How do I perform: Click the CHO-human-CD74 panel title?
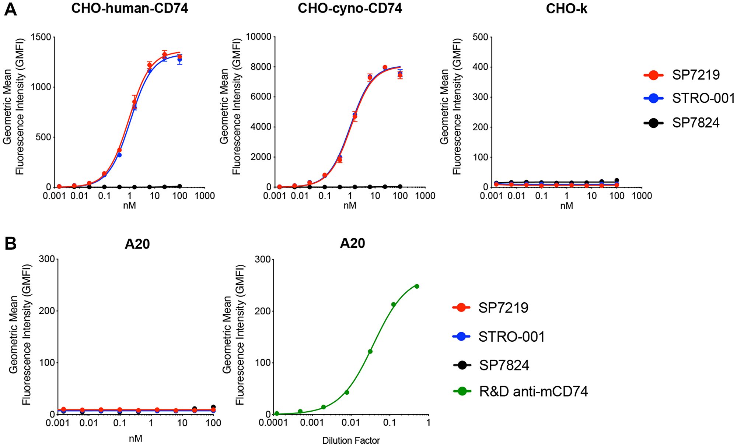tap(130, 8)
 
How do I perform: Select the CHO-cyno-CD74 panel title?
tap(350, 8)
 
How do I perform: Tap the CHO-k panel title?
tap(566, 8)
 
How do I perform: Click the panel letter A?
tap(10, 10)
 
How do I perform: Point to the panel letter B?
tap(10, 243)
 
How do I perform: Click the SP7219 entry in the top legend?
tap(695, 75)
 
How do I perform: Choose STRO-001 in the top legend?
tap(703, 98)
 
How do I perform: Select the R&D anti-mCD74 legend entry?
tap(533, 391)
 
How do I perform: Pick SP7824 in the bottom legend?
tap(504, 365)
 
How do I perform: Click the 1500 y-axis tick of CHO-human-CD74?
tap(41, 37)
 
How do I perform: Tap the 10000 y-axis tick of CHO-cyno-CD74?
tap(258, 37)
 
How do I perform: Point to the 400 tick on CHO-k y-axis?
tap(480, 67)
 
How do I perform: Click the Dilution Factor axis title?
tap(351, 440)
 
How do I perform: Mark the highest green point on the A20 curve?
tap(417, 286)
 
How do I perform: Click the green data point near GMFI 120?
tap(370, 351)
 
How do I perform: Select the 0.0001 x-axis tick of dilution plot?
tap(273, 422)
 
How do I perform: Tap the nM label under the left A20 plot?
tap(135, 439)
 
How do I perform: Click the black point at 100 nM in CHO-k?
tap(617, 180)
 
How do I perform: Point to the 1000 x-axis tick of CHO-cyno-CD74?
tap(425, 196)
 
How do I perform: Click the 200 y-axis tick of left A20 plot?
tap(47, 311)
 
